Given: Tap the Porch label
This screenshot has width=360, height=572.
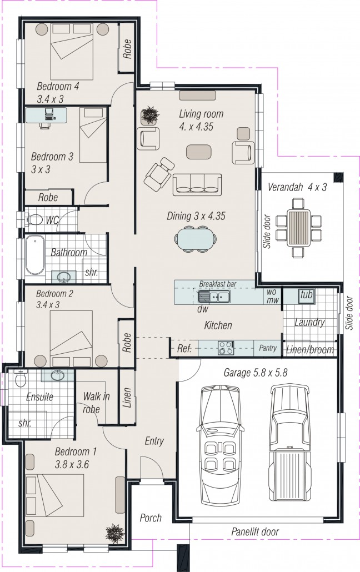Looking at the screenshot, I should (150, 518).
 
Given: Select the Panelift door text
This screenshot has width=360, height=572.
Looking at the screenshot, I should (255, 531).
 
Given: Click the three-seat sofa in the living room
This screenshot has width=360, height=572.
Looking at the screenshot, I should (197, 184).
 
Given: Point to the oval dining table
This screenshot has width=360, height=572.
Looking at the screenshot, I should (196, 239).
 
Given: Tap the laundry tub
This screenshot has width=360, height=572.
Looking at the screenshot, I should (307, 295).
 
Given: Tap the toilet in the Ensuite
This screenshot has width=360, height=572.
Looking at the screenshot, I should (21, 379).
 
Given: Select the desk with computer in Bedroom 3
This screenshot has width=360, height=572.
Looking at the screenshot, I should (47, 116).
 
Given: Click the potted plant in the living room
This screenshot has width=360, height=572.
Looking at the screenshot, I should (149, 116).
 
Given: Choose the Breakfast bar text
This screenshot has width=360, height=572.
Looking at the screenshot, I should (218, 284).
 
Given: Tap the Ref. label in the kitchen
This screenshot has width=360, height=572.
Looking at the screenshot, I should (184, 349).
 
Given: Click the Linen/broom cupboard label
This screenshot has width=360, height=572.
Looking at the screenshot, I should (310, 349).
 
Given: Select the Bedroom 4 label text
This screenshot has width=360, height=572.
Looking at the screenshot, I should (58, 87).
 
